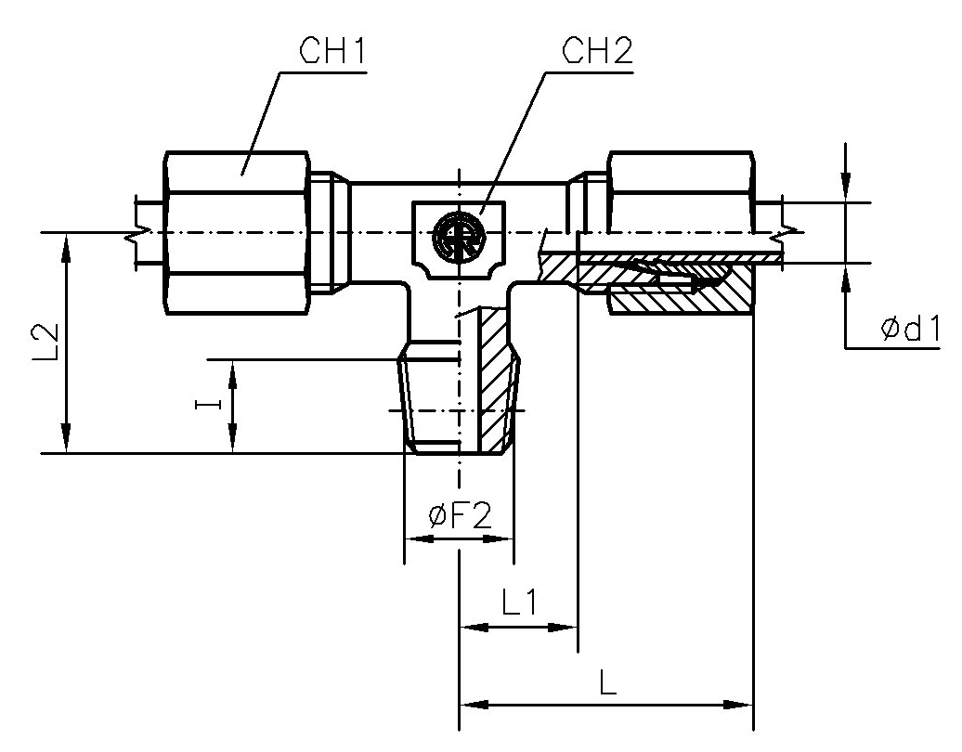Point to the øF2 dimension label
click(x=460, y=516)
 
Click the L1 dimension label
click(x=519, y=604)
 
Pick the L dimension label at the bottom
click(x=607, y=684)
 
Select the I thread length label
click(x=213, y=404)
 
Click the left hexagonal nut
click(x=237, y=233)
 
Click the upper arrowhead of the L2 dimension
click(x=66, y=246)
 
